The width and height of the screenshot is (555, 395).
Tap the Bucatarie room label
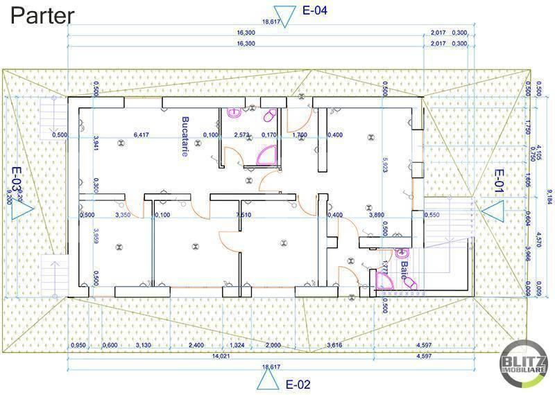pos(185,136)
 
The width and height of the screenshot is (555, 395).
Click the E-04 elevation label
pos(315,10)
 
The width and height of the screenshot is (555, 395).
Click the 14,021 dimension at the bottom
pos(221,356)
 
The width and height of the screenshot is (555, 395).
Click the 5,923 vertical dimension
pos(384,164)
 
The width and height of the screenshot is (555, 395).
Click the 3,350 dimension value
pos(123,215)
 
